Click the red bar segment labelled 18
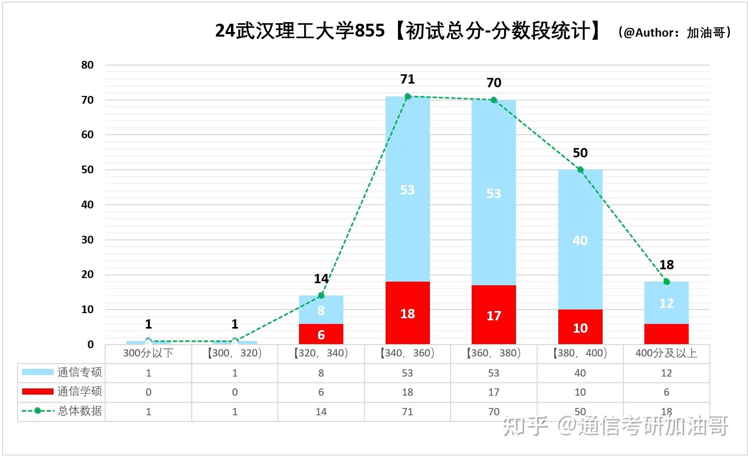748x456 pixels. (x=407, y=313)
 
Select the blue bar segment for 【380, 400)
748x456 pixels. (x=580, y=240)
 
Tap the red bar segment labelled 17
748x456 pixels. (x=493, y=315)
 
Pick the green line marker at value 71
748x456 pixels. (x=407, y=96)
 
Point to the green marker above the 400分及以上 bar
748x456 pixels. (x=667, y=282)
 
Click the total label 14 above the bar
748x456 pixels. (x=321, y=279)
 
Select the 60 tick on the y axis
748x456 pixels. (x=88, y=135)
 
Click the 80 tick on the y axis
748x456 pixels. (x=88, y=65)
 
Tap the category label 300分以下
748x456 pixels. (x=148, y=353)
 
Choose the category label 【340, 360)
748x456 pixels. (x=407, y=353)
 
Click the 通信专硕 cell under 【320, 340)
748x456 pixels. (x=321, y=373)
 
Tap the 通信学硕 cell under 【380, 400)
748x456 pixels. (x=580, y=392)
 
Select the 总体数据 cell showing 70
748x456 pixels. (x=493, y=412)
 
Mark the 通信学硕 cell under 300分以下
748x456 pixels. (x=148, y=392)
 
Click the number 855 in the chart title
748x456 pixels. (x=370, y=31)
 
